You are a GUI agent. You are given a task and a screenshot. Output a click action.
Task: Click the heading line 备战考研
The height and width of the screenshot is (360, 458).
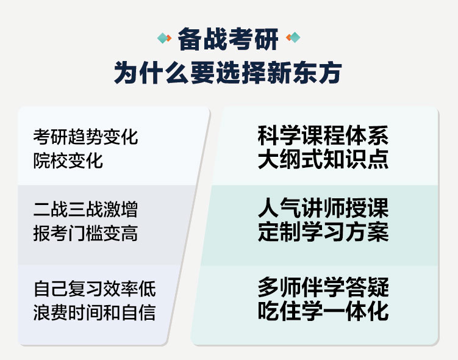coord(228,39)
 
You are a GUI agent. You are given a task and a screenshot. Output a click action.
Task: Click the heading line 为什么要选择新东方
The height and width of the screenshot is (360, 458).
coord(228,73)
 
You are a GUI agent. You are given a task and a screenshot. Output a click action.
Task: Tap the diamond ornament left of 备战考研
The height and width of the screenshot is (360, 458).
coord(164,38)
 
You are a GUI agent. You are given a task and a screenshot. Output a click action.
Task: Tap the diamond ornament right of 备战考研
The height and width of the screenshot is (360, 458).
coord(293,37)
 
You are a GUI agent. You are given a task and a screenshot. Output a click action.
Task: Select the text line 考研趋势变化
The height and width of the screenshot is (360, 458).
coord(85,137)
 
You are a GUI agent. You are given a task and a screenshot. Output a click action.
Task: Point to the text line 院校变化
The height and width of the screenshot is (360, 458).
coord(68,160)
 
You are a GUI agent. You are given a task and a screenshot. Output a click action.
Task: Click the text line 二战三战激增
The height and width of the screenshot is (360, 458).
coord(85,209)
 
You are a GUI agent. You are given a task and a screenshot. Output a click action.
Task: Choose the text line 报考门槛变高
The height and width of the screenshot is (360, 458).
coord(85,233)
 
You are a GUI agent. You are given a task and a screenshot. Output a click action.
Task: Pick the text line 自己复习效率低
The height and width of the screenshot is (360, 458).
coord(95,289)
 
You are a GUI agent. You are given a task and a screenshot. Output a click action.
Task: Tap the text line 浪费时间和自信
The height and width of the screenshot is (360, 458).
coord(95,312)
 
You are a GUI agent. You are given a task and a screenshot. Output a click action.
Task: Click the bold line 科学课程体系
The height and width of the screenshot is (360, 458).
coord(323,135)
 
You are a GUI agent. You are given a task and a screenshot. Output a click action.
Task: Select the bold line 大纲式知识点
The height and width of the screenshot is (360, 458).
coord(323,159)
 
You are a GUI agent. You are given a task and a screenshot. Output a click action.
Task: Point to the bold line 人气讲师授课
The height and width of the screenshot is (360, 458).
coord(323,207)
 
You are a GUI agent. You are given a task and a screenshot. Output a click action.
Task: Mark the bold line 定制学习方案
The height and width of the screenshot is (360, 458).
coord(323,232)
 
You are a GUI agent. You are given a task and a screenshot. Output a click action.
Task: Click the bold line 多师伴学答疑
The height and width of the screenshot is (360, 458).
coord(323,287)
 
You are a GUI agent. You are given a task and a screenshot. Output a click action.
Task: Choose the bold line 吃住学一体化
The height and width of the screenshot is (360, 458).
coord(323,311)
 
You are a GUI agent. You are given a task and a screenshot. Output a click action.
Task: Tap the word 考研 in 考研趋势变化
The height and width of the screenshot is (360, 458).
coord(50,137)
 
